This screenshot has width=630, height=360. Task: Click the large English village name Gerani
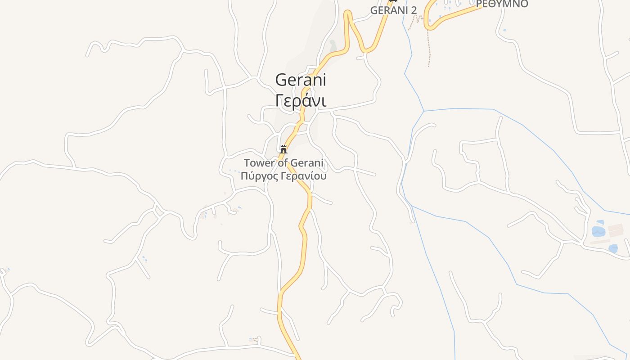click(x=300, y=80)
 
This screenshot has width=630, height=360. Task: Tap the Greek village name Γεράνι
click(x=300, y=100)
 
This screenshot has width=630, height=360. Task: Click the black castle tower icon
click(x=283, y=149)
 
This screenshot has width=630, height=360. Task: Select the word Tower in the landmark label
click(x=259, y=163)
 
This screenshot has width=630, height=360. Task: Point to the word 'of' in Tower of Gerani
click(x=282, y=163)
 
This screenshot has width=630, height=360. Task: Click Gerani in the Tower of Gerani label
click(x=307, y=163)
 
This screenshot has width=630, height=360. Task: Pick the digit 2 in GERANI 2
click(x=414, y=10)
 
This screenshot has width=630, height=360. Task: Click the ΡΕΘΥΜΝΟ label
click(x=502, y=4)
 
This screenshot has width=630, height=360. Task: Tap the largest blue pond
click(x=598, y=232)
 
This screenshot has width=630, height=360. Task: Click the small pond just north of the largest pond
click(x=599, y=222)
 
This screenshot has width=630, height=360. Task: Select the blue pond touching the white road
click(x=613, y=248)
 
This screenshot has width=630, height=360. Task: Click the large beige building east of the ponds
click(x=615, y=229)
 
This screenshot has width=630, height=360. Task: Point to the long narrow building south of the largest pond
click(x=600, y=242)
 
